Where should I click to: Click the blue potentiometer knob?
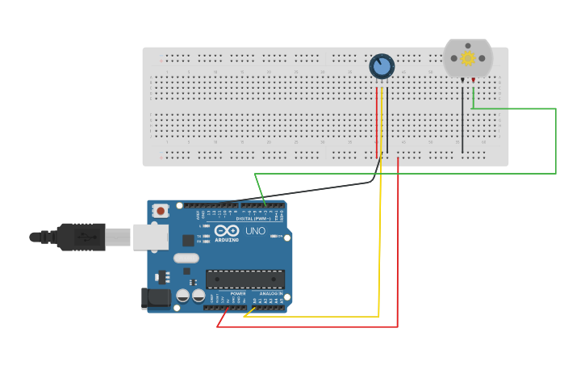pos(382,66)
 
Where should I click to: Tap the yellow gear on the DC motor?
pos(467,58)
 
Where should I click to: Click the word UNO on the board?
pos(255,232)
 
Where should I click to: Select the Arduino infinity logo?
pos(227,231)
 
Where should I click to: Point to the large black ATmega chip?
pos(245,280)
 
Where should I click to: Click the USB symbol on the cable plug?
pos(84,237)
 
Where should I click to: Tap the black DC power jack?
pos(156,298)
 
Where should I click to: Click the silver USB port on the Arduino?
pos(151,237)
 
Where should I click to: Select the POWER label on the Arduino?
pos(238,293)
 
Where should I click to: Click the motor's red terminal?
pos(473,80)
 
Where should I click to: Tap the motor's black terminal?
pos(462,80)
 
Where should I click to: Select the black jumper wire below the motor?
pos(462,121)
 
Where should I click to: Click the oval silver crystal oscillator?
pos(186,259)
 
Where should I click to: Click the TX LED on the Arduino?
pos(207,236)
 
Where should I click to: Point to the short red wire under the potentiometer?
pos(376,121)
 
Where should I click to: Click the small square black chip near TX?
pos(188,240)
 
